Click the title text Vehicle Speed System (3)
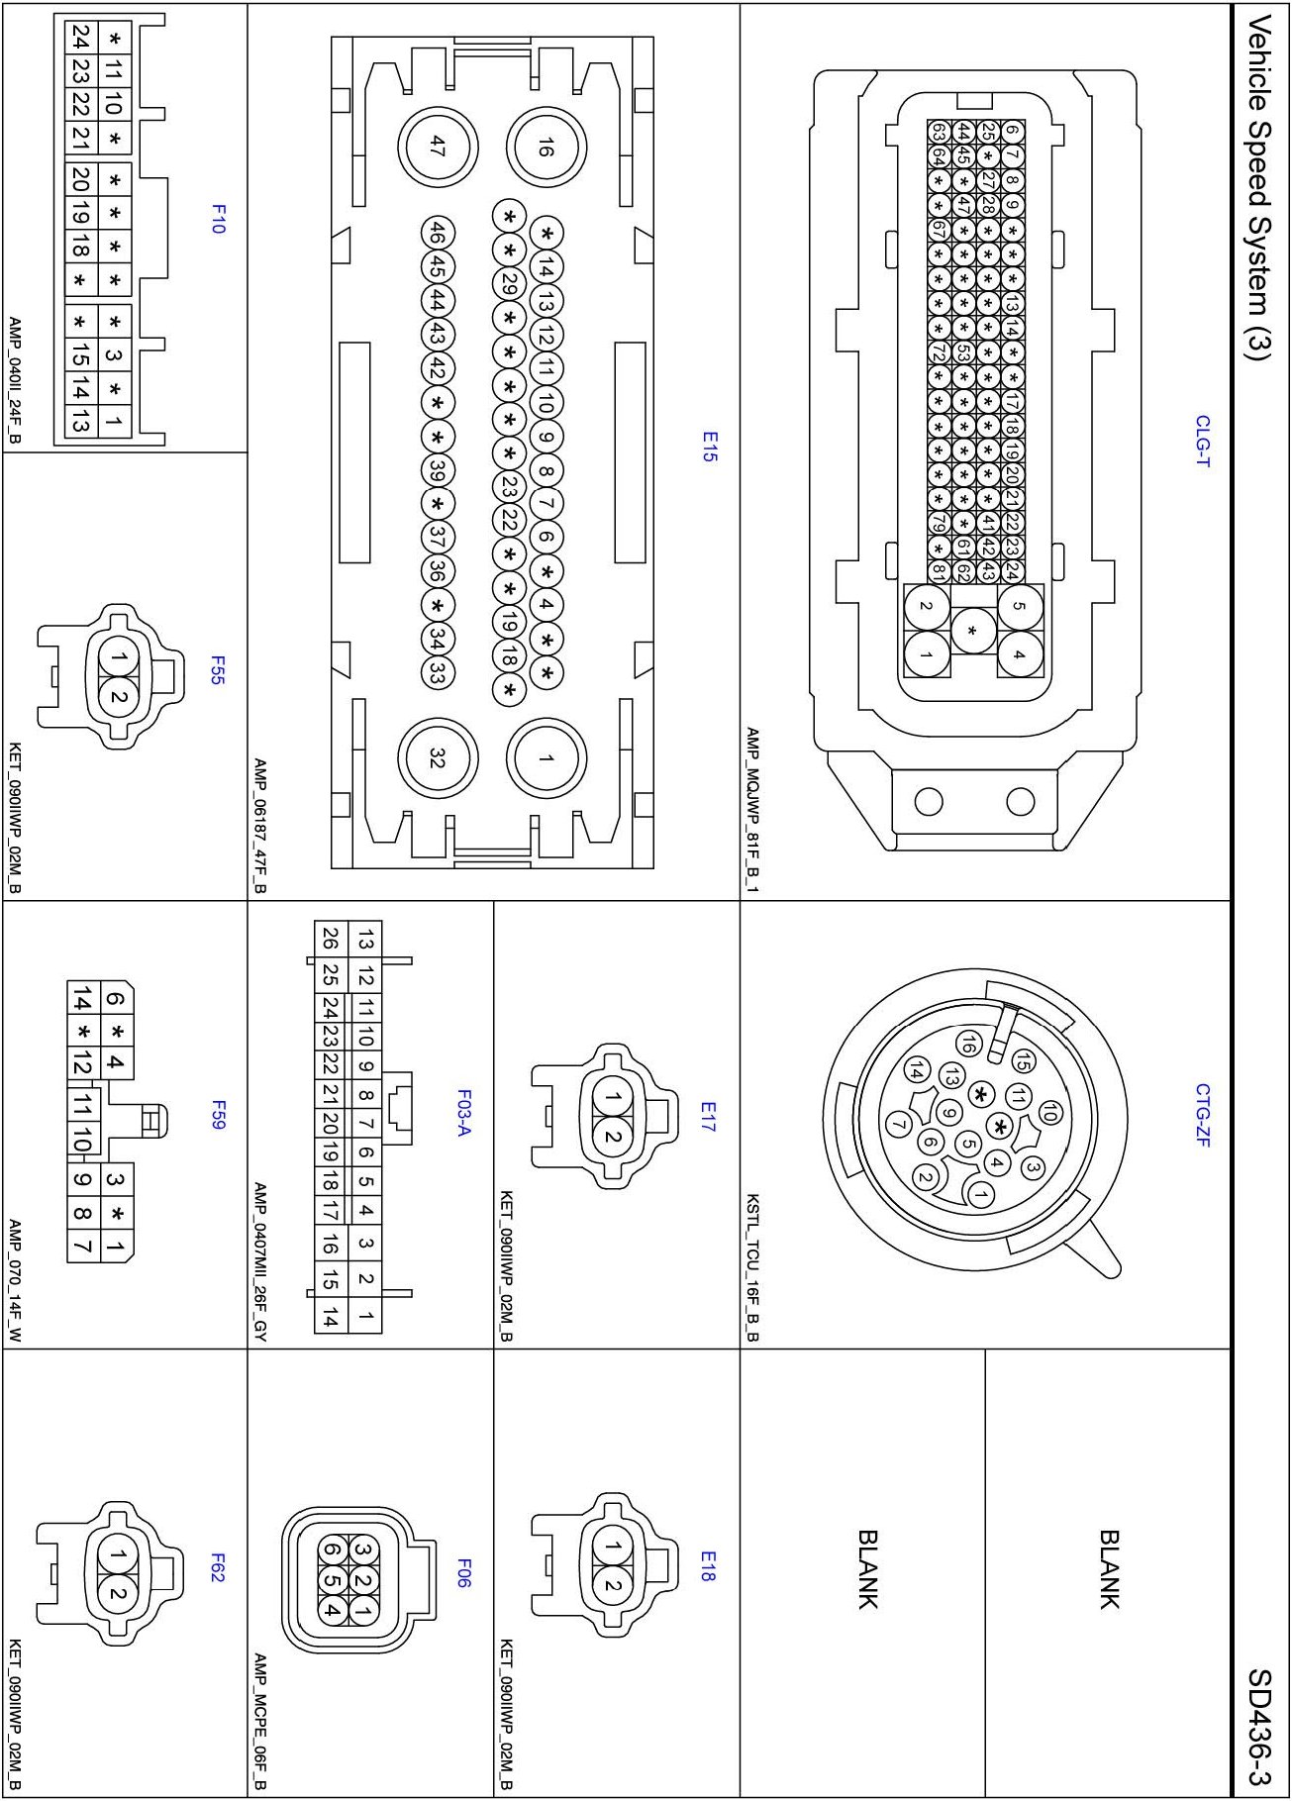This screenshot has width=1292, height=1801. [1259, 187]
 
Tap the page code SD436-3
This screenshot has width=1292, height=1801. [1259, 1728]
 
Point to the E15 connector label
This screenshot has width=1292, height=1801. [709, 446]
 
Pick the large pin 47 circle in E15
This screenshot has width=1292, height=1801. [438, 147]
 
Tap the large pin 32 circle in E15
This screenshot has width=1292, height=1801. [438, 757]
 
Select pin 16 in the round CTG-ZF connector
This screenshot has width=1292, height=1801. [967, 1043]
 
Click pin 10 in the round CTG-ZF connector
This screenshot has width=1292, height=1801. [1049, 1112]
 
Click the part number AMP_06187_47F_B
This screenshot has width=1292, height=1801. [259, 826]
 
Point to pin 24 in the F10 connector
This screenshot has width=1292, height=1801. [80, 39]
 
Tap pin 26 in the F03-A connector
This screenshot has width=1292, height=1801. [331, 938]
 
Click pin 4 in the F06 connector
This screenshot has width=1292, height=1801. [333, 1610]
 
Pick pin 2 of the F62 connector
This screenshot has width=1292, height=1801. [119, 1593]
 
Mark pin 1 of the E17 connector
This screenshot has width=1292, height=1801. [613, 1098]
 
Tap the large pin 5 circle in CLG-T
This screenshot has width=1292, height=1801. [1020, 607]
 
